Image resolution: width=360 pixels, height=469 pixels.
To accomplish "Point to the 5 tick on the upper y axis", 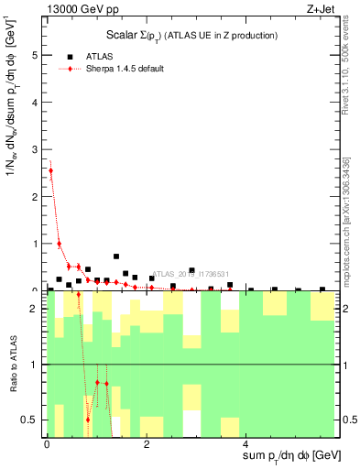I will point(36,55).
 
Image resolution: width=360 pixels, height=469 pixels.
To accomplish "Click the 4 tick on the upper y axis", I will point(36,103).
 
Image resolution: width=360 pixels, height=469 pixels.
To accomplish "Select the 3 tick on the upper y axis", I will point(36,149).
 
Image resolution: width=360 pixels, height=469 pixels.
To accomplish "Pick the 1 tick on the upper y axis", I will point(36,244).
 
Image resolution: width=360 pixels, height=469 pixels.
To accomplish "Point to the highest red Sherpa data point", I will point(50,170).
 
